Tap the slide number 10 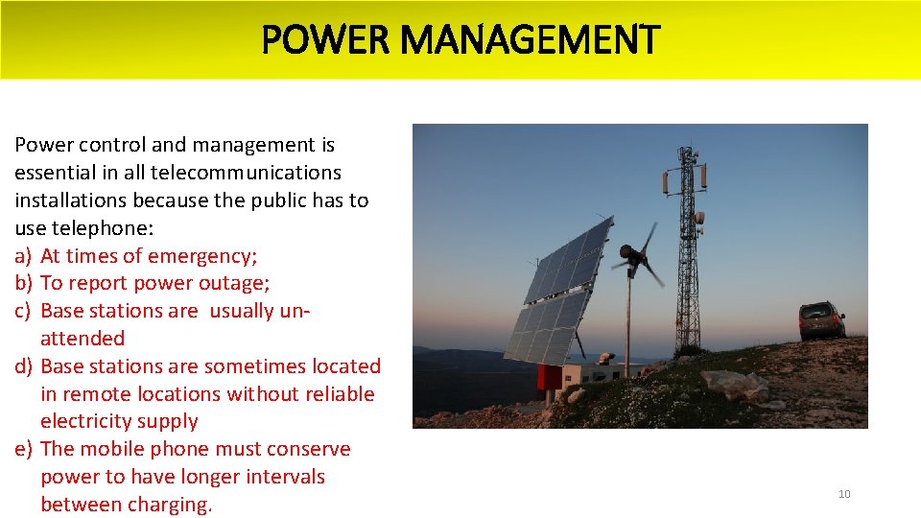844,494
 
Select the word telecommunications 246,173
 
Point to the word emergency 202,256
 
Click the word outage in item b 237,283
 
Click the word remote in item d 103,393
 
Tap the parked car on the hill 821,319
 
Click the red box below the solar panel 550,377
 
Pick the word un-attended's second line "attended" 83,339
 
